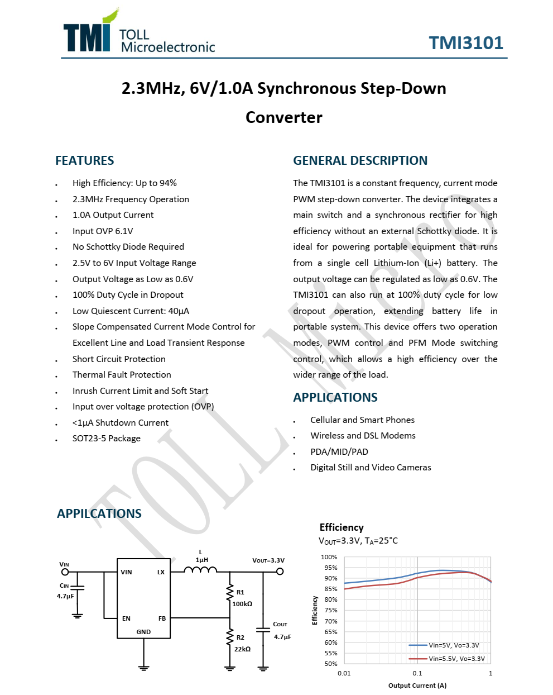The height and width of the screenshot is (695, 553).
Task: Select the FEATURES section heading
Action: [x=84, y=161]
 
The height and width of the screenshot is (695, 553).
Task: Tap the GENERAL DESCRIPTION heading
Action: [x=360, y=161]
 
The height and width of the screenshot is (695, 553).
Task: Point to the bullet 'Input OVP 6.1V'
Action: [x=103, y=231]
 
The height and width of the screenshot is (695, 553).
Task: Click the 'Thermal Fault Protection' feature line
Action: [x=122, y=375]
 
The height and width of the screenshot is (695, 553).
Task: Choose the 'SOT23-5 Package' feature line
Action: [x=107, y=439]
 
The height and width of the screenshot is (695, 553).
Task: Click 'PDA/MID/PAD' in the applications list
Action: [x=339, y=451]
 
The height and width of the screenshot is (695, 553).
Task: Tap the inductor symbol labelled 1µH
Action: [x=200, y=570]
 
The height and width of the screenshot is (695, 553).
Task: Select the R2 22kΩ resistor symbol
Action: [x=229, y=637]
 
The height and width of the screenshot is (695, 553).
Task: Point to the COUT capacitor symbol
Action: [x=263, y=630]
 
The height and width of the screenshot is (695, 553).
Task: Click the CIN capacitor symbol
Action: [x=77, y=588]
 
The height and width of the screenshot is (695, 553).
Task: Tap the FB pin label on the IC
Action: [x=162, y=618]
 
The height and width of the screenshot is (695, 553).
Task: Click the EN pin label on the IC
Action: [x=126, y=618]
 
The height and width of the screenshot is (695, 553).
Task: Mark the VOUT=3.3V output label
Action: [x=268, y=560]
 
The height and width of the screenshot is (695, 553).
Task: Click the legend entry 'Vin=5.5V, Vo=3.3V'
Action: [x=456, y=659]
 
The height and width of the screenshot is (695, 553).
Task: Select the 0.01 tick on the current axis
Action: [x=344, y=673]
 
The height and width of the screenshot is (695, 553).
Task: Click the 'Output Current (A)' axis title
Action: [x=417, y=686]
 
